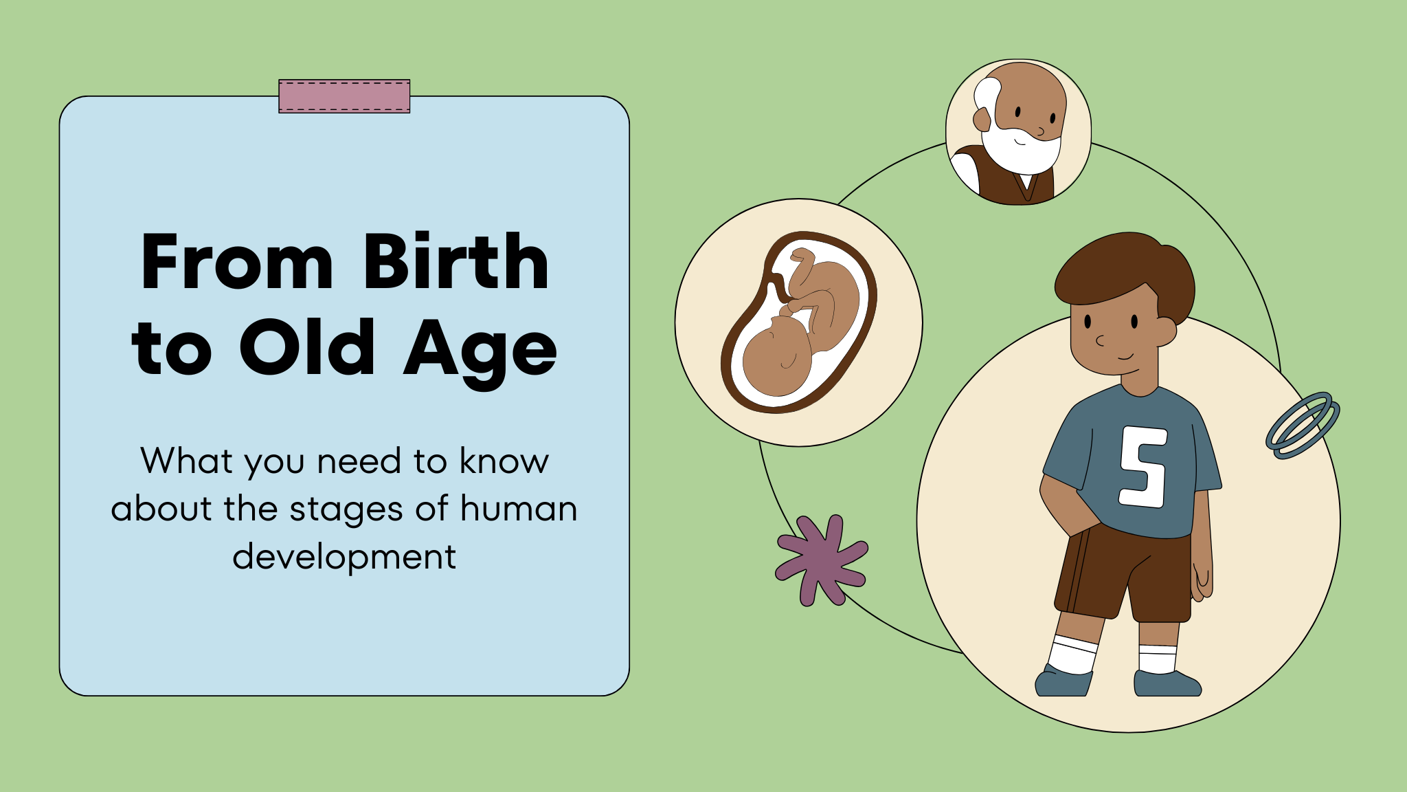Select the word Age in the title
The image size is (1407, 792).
[x=480, y=354]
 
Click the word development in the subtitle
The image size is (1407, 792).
[x=344, y=557]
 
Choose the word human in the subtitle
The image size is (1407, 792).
[x=519, y=509]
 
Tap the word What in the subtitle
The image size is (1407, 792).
[x=187, y=461]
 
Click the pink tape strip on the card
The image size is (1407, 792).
[x=344, y=96]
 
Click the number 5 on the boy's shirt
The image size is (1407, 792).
[x=1144, y=467]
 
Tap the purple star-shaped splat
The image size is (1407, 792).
[x=822, y=560]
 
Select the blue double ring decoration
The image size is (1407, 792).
[x=1303, y=426]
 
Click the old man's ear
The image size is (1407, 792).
[x=982, y=120]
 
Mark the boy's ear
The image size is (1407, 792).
[x=1166, y=331]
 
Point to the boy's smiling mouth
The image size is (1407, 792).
[x=1125, y=356]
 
